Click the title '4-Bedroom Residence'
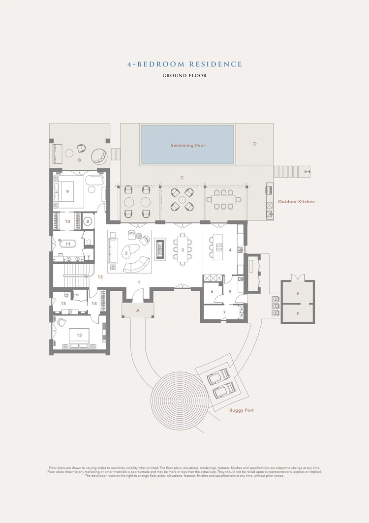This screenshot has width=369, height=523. [184, 64]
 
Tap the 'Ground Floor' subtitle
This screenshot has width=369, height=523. [184, 76]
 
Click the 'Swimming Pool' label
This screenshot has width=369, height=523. [187, 146]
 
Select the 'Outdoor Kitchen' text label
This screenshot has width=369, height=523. [296, 202]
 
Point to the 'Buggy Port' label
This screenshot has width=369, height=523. [242, 410]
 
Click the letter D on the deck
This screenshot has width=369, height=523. [255, 144]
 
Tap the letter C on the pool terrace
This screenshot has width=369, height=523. [182, 178]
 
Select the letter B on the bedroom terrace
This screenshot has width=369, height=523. [79, 160]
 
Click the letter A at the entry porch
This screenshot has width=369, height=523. [138, 310]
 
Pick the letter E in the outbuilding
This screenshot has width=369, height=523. [297, 293]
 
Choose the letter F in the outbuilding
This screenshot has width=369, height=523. [297, 313]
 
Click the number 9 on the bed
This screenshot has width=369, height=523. [67, 191]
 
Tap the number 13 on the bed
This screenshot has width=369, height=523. [79, 335]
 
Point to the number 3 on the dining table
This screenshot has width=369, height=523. [183, 250]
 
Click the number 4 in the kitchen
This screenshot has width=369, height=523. [230, 250]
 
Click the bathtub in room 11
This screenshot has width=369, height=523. [68, 244]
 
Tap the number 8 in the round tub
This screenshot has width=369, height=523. [88, 221]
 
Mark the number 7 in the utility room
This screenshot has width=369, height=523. [224, 312]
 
